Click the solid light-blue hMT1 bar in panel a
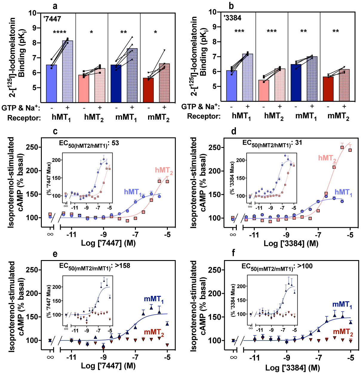click(x=51, y=84)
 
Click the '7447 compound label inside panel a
click(x=52, y=19)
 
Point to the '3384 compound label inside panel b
click(x=233, y=18)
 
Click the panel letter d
click(x=234, y=131)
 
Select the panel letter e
click(x=55, y=254)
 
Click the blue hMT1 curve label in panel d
click(x=343, y=193)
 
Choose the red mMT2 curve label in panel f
click(x=343, y=332)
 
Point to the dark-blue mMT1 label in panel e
click(x=153, y=299)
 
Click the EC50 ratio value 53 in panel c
click(x=115, y=143)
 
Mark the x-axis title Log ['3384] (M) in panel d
click(x=291, y=244)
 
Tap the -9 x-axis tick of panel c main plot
click(x=103, y=234)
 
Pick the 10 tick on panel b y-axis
click(x=213, y=12)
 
